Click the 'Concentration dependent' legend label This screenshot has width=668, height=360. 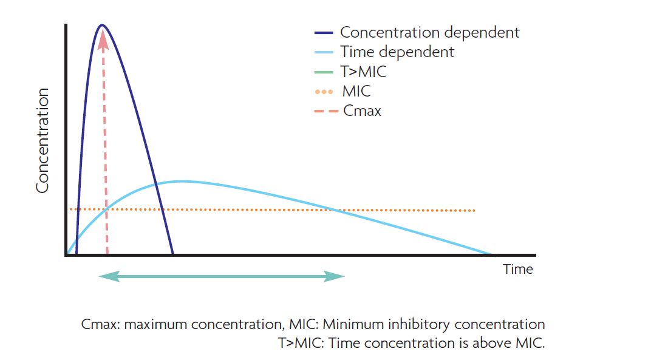pyautogui.click(x=429, y=32)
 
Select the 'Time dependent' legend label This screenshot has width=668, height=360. pyautogui.click(x=397, y=52)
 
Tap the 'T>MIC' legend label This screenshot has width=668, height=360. pyautogui.click(x=363, y=72)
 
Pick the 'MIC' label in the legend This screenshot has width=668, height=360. pyautogui.click(x=356, y=92)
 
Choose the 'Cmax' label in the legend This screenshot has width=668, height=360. pyautogui.click(x=362, y=111)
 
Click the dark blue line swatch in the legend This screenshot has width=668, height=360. pyautogui.click(x=324, y=33)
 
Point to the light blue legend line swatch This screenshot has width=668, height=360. pyautogui.click(x=324, y=52)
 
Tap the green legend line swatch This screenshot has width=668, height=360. pyautogui.click(x=324, y=72)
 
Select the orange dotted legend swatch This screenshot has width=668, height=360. pyautogui.click(x=324, y=92)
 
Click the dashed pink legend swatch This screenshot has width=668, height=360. pyautogui.click(x=324, y=112)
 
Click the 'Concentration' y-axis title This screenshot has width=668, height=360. pyautogui.click(x=42, y=141)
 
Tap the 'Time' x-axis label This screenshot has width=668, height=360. pyautogui.click(x=517, y=269)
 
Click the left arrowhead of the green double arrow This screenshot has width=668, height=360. pyautogui.click(x=107, y=276)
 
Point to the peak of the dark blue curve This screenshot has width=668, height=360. pyautogui.click(x=102, y=25)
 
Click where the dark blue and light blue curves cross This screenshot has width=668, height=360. pyautogui.click(x=156, y=183)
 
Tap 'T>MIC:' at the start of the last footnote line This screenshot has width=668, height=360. pyautogui.click(x=300, y=342)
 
